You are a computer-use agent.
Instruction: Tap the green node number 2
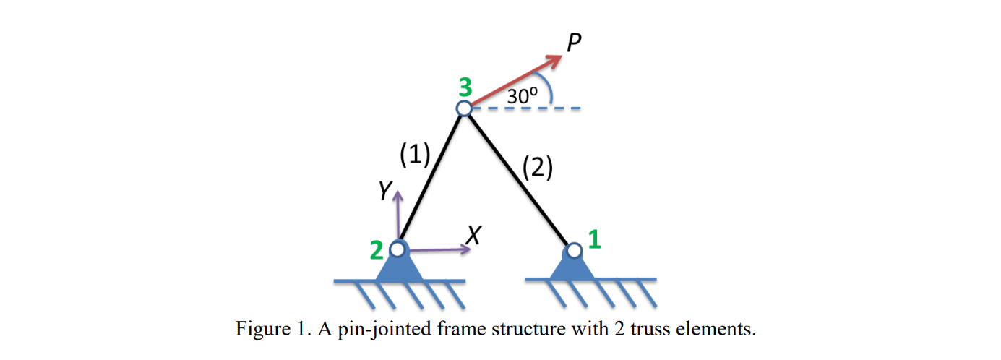pyautogui.click(x=377, y=250)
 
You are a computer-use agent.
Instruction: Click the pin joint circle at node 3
pyautogui.click(x=464, y=108)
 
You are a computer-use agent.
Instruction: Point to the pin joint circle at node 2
pyautogui.click(x=397, y=249)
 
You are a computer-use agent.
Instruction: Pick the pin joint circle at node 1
pyautogui.click(x=574, y=250)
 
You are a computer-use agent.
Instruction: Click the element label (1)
pyautogui.click(x=415, y=154)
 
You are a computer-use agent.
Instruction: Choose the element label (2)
pyautogui.click(x=537, y=168)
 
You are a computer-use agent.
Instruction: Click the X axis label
pyautogui.click(x=473, y=233)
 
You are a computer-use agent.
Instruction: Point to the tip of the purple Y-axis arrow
pyautogui.click(x=397, y=193)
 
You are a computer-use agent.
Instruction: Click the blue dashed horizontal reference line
pyautogui.click(x=535, y=109)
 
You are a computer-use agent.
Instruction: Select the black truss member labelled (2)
pyautogui.click(x=519, y=179)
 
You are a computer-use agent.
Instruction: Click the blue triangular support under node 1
pyautogui.click(x=574, y=267)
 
